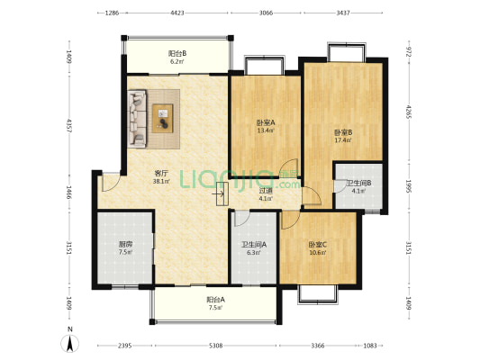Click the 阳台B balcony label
[177, 55]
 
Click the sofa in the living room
[138, 116]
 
